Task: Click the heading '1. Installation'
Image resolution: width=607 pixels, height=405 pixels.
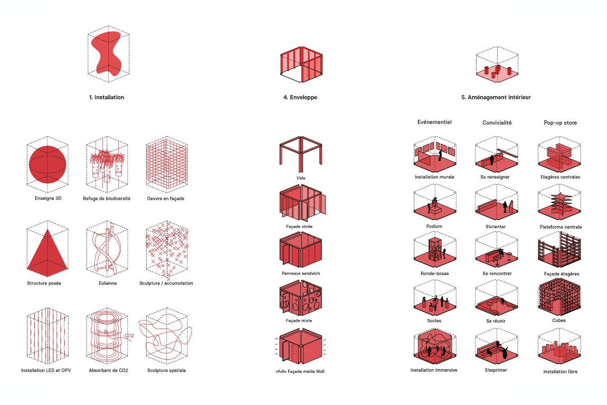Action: pyautogui.click(x=107, y=97)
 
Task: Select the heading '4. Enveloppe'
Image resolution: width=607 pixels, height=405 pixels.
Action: pyautogui.click(x=300, y=97)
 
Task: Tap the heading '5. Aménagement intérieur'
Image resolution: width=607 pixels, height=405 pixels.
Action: pyautogui.click(x=496, y=97)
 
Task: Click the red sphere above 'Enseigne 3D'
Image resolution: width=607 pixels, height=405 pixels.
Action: pyautogui.click(x=48, y=164)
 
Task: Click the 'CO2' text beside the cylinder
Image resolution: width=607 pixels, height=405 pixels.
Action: pyautogui.click(x=129, y=336)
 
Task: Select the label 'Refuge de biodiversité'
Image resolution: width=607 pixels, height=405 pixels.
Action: pyautogui.click(x=107, y=198)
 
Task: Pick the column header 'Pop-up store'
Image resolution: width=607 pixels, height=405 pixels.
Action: pyautogui.click(x=560, y=123)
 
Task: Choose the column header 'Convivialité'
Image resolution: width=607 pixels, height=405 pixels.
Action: pyautogui.click(x=497, y=123)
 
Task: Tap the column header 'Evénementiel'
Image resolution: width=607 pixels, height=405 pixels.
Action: pyautogui.click(x=434, y=122)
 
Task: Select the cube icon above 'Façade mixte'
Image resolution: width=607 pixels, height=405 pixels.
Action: pyautogui.click(x=300, y=298)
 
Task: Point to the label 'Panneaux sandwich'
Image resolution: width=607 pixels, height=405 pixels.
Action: pyautogui.click(x=301, y=274)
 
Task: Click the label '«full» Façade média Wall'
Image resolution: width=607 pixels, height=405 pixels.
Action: pyautogui.click(x=300, y=371)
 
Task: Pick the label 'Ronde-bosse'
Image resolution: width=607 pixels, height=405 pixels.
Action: pyautogui.click(x=434, y=274)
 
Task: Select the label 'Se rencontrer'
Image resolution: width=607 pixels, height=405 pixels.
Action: pyautogui.click(x=497, y=274)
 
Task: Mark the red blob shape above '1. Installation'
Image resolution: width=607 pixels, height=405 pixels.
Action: pyautogui.click(x=106, y=53)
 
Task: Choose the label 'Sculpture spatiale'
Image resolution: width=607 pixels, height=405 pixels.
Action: pyautogui.click(x=166, y=371)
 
